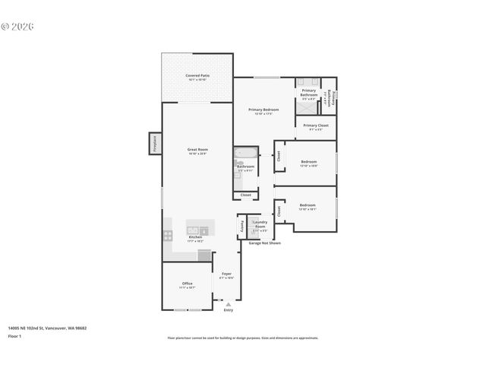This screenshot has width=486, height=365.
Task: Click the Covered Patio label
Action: tap(197, 76)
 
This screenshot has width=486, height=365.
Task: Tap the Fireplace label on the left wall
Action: tap(154, 143)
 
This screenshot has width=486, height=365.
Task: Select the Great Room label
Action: tap(197, 150)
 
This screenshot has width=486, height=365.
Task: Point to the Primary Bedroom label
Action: tap(264, 109)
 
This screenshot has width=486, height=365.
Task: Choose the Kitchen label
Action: tap(195, 237)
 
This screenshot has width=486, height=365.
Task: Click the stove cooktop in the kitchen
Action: tap(168, 235)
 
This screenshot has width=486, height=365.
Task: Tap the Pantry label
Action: tap(242, 226)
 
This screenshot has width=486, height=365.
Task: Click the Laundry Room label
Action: tap(260, 227)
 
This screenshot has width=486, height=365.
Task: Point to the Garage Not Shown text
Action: tap(264, 243)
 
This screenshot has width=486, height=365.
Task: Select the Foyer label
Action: tap(226, 274)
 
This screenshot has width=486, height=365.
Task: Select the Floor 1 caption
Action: tap(15, 335)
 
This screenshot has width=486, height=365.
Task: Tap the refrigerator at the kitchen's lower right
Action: tap(204, 255)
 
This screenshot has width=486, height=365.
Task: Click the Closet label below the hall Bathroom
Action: tap(245, 195)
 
